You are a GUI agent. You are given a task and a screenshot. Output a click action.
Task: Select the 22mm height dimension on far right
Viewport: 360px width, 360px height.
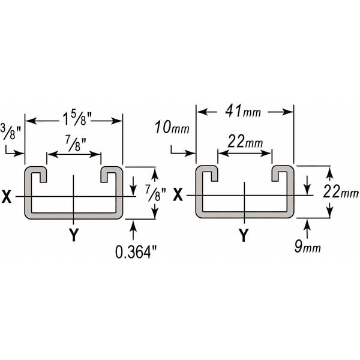(340, 192)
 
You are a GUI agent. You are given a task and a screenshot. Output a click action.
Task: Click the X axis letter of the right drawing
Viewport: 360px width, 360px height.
(178, 195)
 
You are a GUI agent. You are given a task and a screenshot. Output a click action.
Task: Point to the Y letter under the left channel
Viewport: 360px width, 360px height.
(74, 236)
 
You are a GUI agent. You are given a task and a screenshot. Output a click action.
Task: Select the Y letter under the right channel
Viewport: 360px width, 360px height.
(244, 235)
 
